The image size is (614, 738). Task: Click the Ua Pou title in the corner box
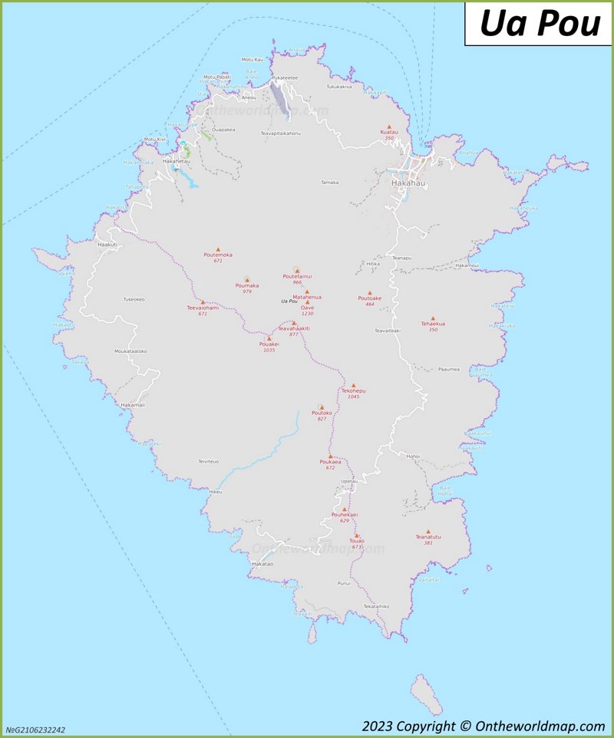coord(540,24)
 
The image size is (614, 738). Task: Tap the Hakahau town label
coord(408,184)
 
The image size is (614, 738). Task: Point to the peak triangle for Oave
coord(308,302)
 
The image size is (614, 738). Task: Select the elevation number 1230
coord(307,314)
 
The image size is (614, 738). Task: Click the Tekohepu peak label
coord(353,390)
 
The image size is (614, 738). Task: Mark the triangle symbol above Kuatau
coord(389,127)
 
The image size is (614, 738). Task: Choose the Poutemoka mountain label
coord(218,255)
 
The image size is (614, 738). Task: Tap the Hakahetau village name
coord(177,161)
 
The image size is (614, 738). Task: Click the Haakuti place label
coord(108,244)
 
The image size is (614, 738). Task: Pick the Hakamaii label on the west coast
coord(132,404)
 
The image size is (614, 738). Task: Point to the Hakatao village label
coord(262,564)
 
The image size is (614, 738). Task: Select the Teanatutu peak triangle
coord(428,531)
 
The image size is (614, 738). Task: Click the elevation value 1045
coord(353,397)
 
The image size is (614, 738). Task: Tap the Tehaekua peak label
coord(433,324)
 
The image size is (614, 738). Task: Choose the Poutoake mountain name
coord(369,298)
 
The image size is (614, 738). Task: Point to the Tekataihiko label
coord(376,606)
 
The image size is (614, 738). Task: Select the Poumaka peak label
coord(247,285)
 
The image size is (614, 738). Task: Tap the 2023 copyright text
coord(484,726)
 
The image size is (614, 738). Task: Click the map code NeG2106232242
coord(35,730)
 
